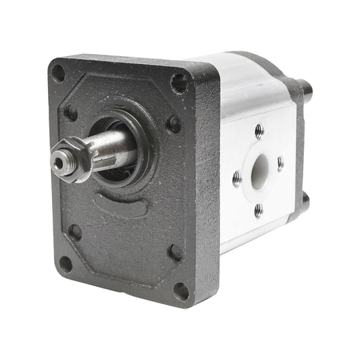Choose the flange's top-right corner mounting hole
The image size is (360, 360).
click(x=179, y=83)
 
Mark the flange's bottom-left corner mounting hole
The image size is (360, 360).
click(x=66, y=263)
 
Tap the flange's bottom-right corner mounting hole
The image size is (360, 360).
click(x=181, y=291)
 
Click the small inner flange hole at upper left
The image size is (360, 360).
click(x=70, y=112)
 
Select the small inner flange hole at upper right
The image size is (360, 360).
click(x=174, y=124)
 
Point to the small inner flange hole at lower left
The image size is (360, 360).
click(x=75, y=232)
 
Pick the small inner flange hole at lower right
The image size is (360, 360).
click(x=176, y=252)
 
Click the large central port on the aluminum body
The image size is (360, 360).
click(x=258, y=172)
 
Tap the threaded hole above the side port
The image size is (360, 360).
click(x=259, y=131)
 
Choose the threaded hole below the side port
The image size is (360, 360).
click(x=259, y=210)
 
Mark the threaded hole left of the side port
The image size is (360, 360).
click(x=237, y=179)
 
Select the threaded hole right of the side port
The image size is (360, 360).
click(x=280, y=163)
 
